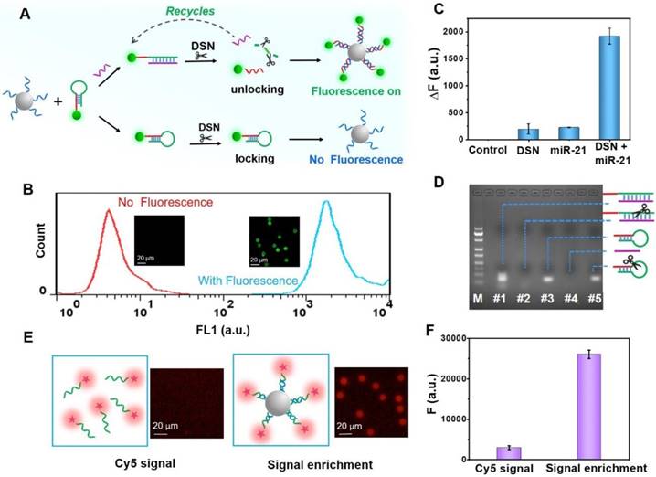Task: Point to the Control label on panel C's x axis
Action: click(x=488, y=150)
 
